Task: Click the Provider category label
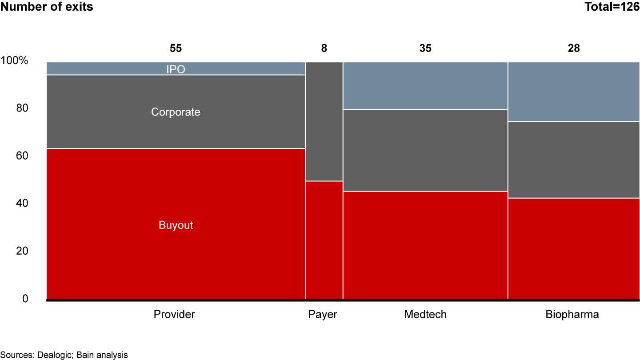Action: click(174, 315)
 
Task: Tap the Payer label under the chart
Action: click(323, 315)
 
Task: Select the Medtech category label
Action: click(425, 315)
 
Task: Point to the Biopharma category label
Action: click(572, 315)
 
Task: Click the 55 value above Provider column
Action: click(176, 48)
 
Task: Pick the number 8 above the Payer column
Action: click(324, 48)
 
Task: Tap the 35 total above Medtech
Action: click(425, 48)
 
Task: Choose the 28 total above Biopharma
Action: click(574, 48)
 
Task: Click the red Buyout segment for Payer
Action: click(324, 240)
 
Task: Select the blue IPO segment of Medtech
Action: click(425, 85)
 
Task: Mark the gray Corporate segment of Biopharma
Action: click(574, 160)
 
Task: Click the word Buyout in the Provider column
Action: click(176, 225)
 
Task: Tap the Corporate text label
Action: click(176, 112)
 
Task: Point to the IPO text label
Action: click(176, 69)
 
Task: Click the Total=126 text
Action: click(611, 7)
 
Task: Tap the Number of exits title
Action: click(47, 7)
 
